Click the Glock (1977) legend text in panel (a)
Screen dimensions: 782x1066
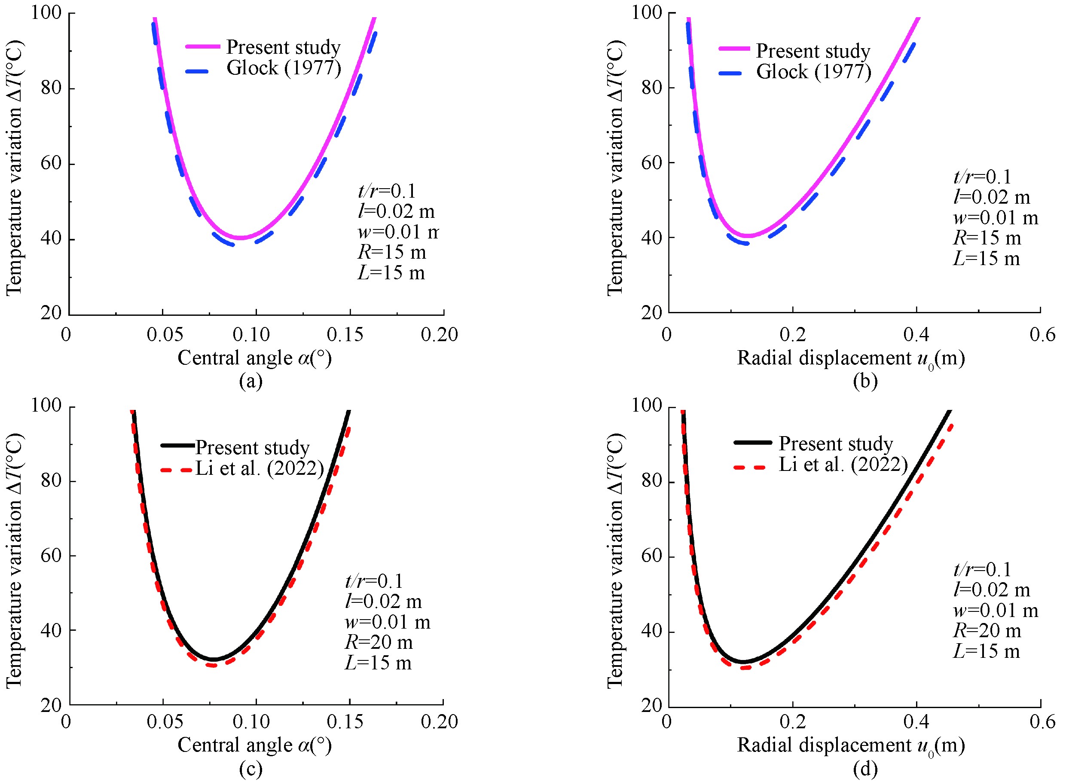(284, 68)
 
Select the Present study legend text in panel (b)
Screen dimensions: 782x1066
(813, 51)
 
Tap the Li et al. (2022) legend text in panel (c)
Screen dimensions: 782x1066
(260, 468)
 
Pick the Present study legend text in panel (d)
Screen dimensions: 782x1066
(835, 443)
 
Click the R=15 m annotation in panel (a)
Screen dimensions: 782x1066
(392, 252)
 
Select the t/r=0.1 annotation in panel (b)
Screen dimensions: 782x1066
(982, 177)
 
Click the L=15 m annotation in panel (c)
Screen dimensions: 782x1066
(378, 663)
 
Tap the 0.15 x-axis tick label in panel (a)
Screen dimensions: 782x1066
(345, 335)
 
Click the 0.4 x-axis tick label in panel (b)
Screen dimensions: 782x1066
(916, 335)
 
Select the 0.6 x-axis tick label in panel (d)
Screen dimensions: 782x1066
(1042, 722)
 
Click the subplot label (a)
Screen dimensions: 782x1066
(251, 381)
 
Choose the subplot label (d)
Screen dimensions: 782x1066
(865, 768)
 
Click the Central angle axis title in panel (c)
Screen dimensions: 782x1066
(254, 745)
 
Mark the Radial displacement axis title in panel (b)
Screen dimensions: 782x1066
(851, 358)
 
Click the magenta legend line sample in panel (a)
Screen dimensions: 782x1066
(203, 46)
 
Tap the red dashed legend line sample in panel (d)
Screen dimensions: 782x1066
(750, 467)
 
